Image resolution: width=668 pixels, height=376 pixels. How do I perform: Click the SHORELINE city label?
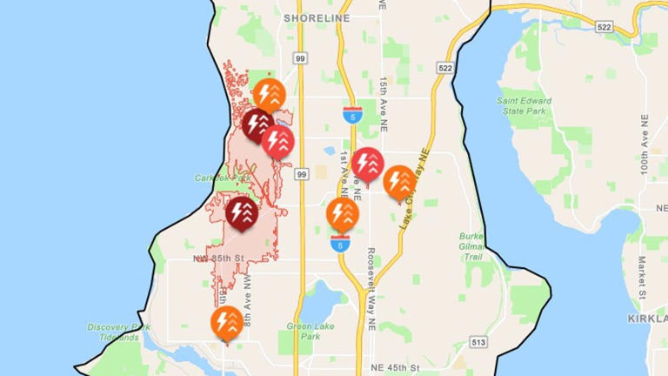317,17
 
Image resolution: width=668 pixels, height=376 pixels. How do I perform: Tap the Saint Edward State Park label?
524,105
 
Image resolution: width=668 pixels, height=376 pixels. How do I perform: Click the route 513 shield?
478,342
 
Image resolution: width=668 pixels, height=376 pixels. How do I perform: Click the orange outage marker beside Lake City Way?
399,182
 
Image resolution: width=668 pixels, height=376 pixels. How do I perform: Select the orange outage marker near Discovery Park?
227,322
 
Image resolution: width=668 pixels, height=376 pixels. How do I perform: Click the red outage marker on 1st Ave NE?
368,164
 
